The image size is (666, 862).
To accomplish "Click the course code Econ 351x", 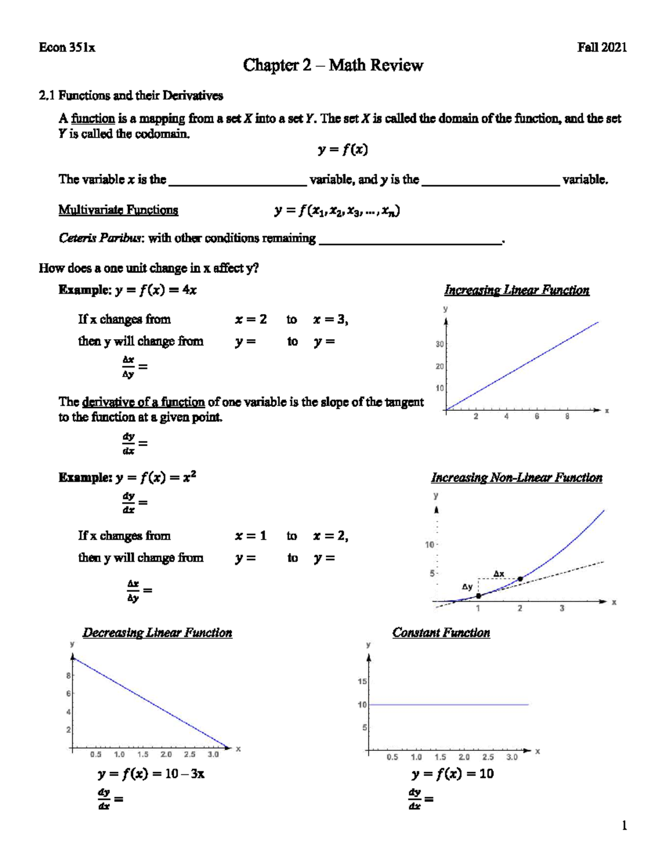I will [67, 48].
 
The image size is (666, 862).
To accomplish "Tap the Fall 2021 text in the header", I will [602, 48].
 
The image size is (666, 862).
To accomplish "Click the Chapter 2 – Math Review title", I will [333, 65].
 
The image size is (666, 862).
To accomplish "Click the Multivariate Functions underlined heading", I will [118, 210].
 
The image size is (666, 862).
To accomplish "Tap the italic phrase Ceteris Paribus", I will [101, 238].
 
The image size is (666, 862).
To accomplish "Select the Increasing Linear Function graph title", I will [516, 290].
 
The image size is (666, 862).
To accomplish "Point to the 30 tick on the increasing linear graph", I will [440, 344].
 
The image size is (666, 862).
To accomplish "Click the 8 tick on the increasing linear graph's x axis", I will [567, 417].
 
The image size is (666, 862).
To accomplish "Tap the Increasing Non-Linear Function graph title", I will [516, 478].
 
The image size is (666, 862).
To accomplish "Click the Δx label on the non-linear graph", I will [499, 573].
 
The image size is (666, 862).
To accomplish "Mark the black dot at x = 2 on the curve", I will [520, 579].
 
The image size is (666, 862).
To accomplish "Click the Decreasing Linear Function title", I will [157, 633].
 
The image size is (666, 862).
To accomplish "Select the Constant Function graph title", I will [441, 633].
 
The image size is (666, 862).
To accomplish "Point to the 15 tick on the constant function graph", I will [362, 681].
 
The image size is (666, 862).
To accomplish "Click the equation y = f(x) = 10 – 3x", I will [150, 774].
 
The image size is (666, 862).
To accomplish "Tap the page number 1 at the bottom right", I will [624, 826].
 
